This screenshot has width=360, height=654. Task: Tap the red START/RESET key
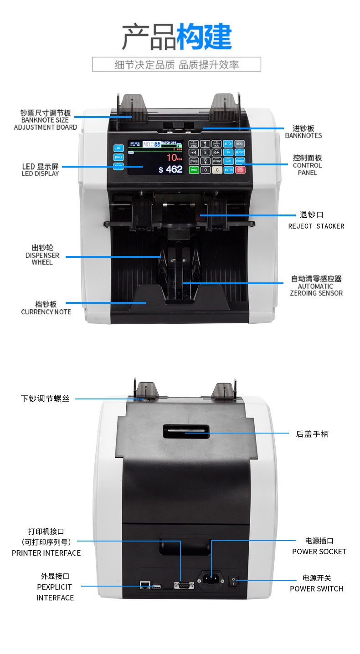240,170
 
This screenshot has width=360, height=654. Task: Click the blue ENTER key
228,170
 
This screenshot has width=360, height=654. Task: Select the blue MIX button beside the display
118,148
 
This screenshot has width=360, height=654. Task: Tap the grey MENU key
240,143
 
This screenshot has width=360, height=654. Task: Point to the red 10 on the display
171,158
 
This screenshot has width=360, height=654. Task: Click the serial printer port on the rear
183,585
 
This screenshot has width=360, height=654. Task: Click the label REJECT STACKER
316,226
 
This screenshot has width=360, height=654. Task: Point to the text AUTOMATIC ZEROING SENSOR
316,290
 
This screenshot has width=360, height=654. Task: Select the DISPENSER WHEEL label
42,259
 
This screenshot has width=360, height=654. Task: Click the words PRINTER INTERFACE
46,553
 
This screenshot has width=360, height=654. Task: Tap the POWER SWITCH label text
316,588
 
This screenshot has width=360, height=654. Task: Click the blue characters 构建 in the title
204,37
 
